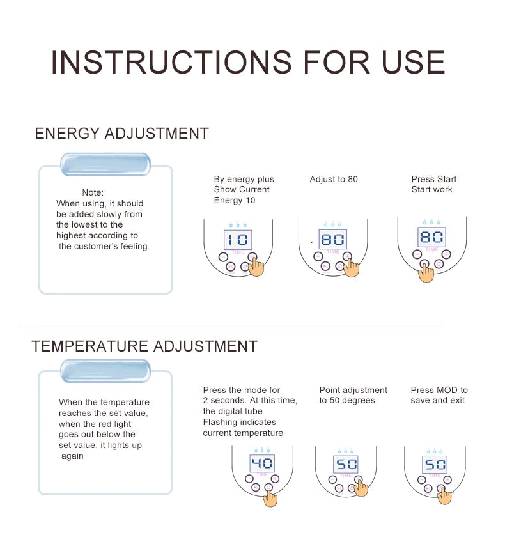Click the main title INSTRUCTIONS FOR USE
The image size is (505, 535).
[247, 63]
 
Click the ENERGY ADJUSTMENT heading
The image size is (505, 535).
[121, 134]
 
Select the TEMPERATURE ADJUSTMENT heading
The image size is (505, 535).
[144, 346]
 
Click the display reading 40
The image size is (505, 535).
[262, 463]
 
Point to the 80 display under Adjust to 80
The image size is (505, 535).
[333, 240]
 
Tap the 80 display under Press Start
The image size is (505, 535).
[431, 237]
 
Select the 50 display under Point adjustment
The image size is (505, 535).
[346, 464]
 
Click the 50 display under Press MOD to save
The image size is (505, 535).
[435, 464]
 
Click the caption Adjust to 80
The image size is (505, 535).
[334, 179]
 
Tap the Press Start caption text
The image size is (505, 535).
[433, 184]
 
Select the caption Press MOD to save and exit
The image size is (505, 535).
[439, 395]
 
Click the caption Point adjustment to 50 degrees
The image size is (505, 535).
[353, 395]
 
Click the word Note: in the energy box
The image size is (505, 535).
[93, 192]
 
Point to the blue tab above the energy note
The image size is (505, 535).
[105, 164]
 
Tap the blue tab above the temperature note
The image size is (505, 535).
[105, 371]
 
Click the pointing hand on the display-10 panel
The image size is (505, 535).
[256, 266]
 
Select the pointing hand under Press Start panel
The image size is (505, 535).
[426, 272]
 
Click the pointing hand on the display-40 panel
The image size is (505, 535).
[271, 496]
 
